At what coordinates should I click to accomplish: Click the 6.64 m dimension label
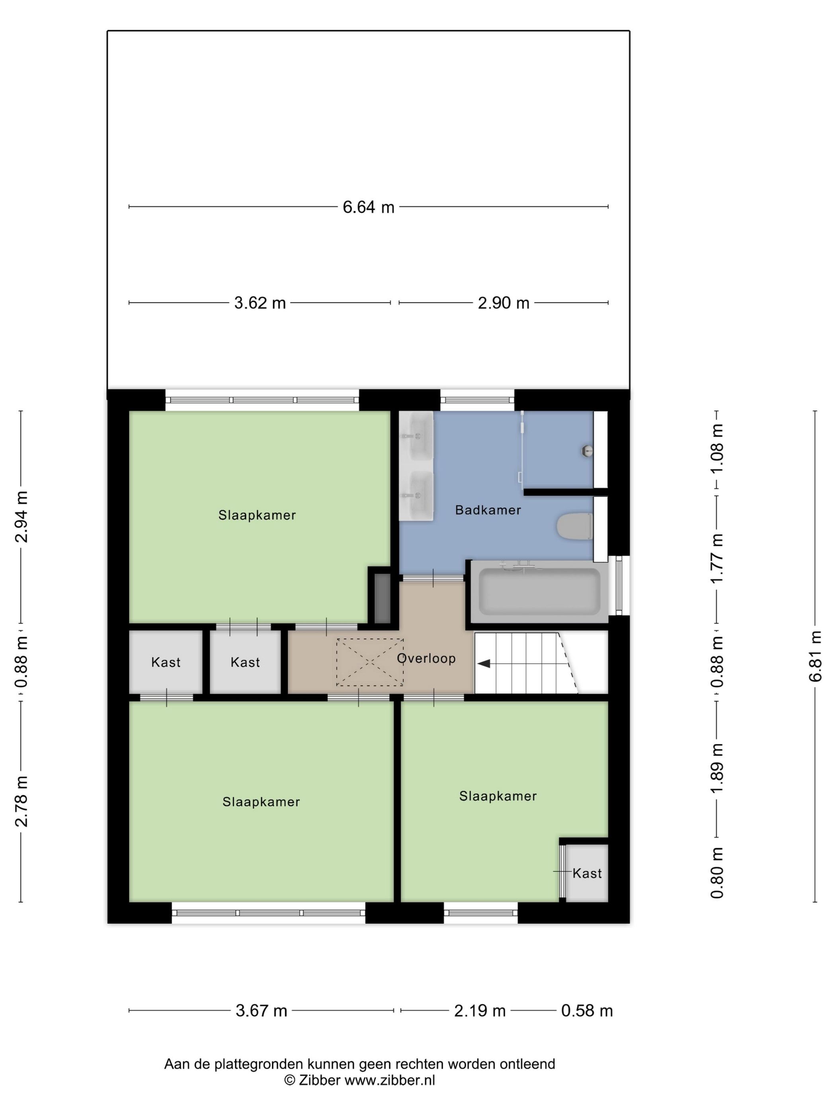click(x=368, y=207)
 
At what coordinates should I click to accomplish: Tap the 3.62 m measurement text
click(x=260, y=303)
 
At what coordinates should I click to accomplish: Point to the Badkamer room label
click(x=487, y=510)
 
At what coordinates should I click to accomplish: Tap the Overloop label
click(x=426, y=658)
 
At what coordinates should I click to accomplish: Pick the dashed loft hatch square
click(x=369, y=662)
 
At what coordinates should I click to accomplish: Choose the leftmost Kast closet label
click(x=165, y=662)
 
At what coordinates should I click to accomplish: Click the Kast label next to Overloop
click(x=245, y=662)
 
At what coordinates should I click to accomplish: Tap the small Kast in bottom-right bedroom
click(x=586, y=874)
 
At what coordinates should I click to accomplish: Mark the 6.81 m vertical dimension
click(x=815, y=656)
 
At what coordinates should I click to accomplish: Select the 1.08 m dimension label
click(x=716, y=448)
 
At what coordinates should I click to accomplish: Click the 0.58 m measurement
click(x=586, y=1011)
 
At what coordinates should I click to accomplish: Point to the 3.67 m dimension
click(x=261, y=1011)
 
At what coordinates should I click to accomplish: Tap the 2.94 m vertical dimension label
click(x=21, y=516)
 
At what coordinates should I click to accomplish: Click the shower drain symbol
click(x=586, y=450)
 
